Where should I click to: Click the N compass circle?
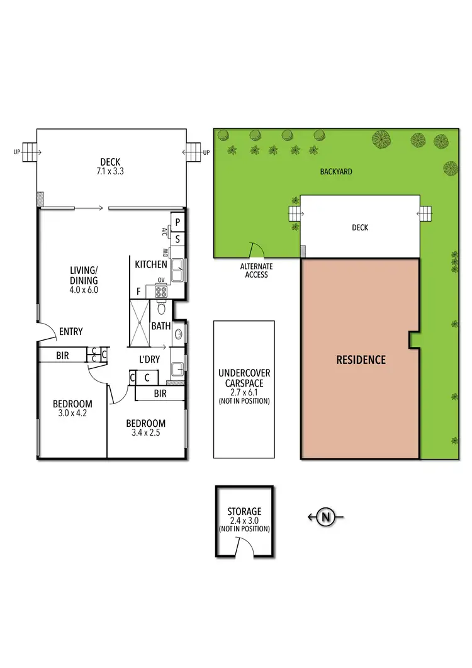(325, 517)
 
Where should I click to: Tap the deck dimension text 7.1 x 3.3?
(111, 170)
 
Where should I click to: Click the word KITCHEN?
(151, 265)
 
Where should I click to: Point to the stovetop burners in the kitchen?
(160, 291)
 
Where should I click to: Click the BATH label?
(161, 326)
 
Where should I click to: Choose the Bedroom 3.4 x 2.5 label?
(145, 428)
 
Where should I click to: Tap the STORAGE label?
(244, 512)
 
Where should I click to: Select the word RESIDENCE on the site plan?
(361, 360)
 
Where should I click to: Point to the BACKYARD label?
(335, 171)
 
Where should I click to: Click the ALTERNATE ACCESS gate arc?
(257, 251)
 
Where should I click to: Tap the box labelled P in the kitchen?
(178, 222)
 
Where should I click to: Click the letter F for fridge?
(138, 292)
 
